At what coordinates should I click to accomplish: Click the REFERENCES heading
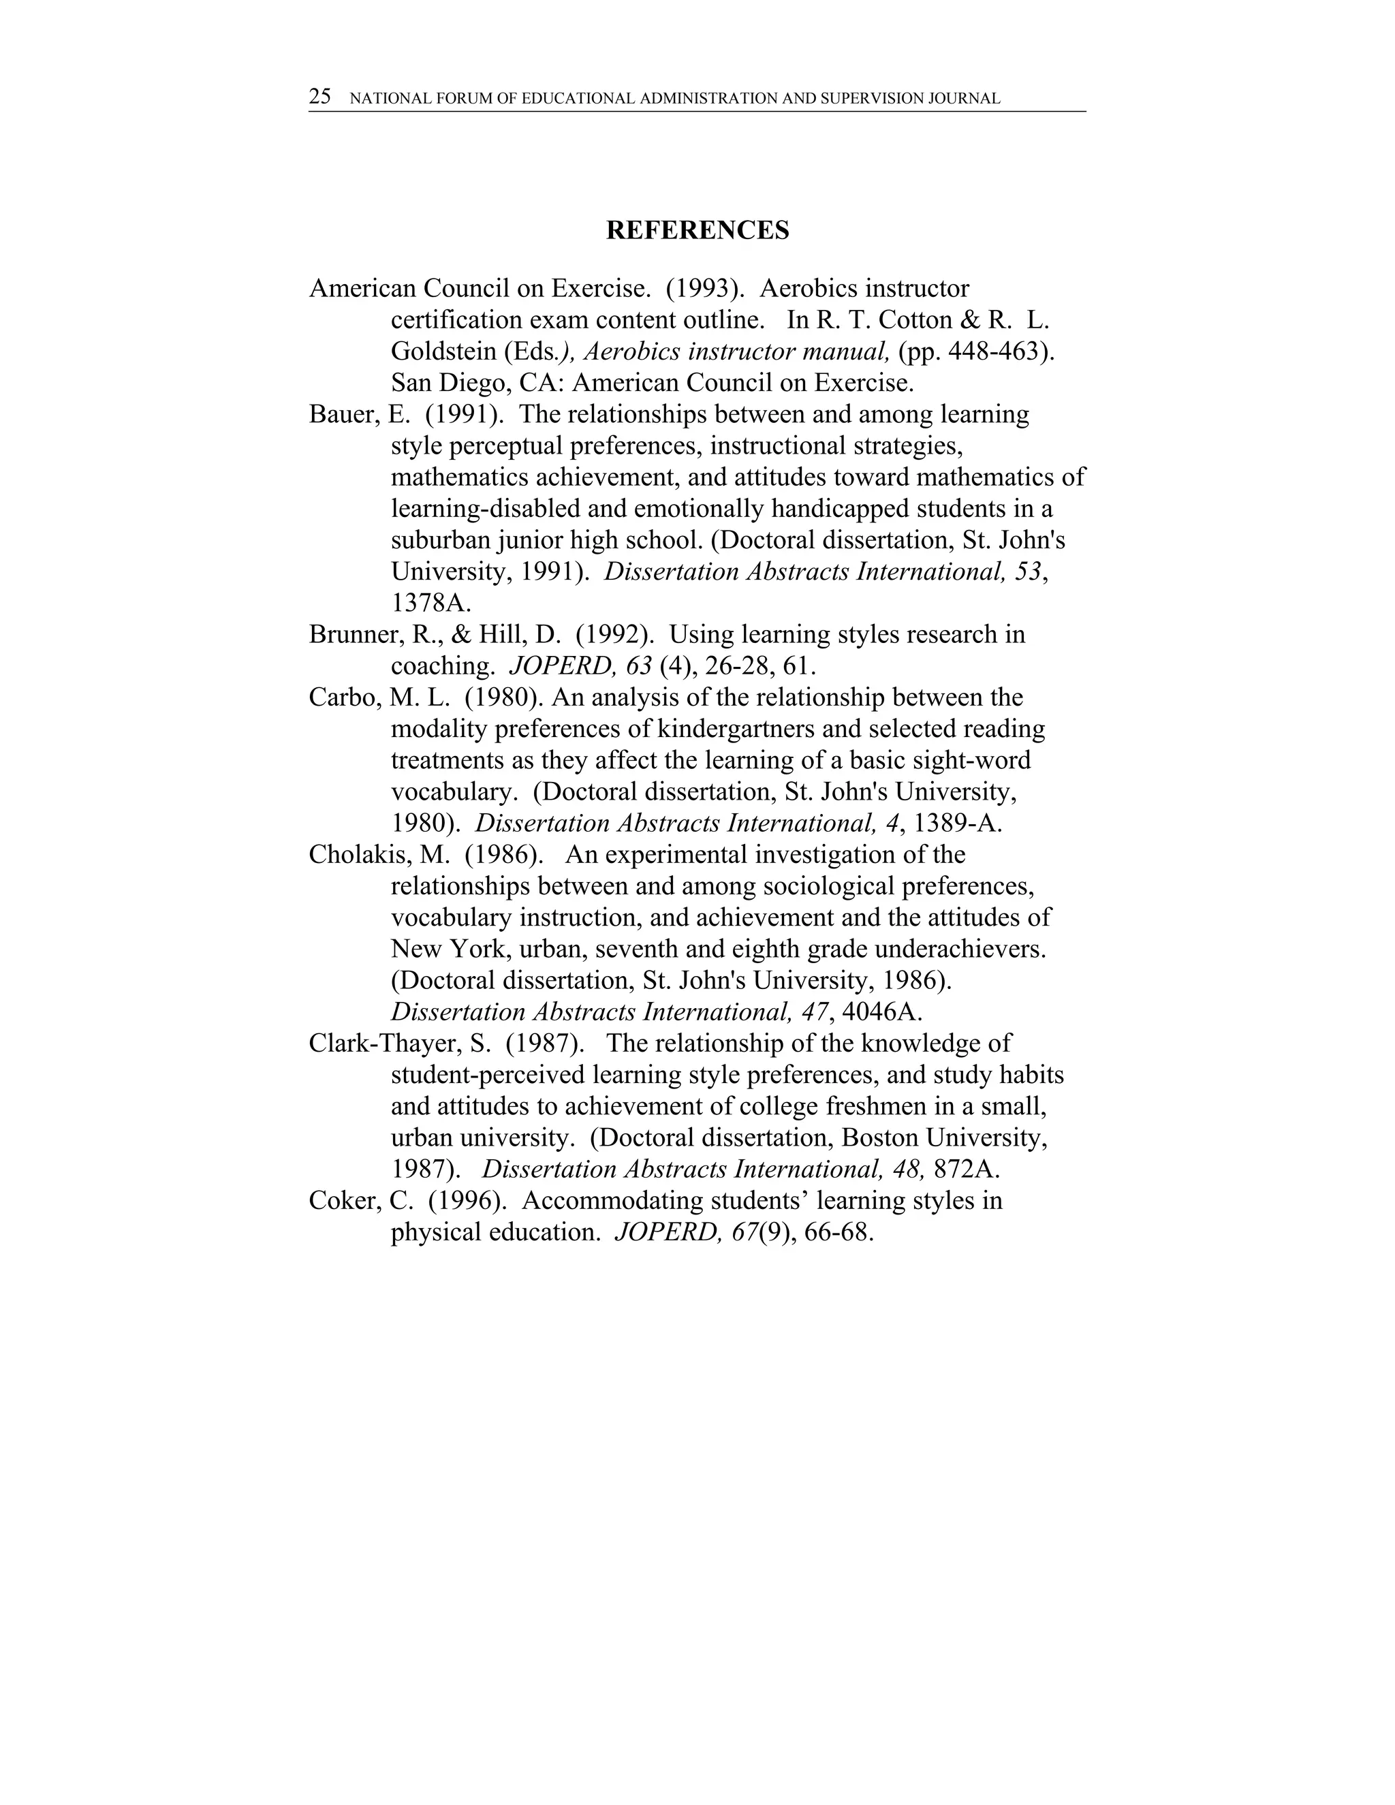[697, 231]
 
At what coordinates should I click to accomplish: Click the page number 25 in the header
[320, 97]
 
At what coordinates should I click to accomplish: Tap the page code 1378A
[430, 603]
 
